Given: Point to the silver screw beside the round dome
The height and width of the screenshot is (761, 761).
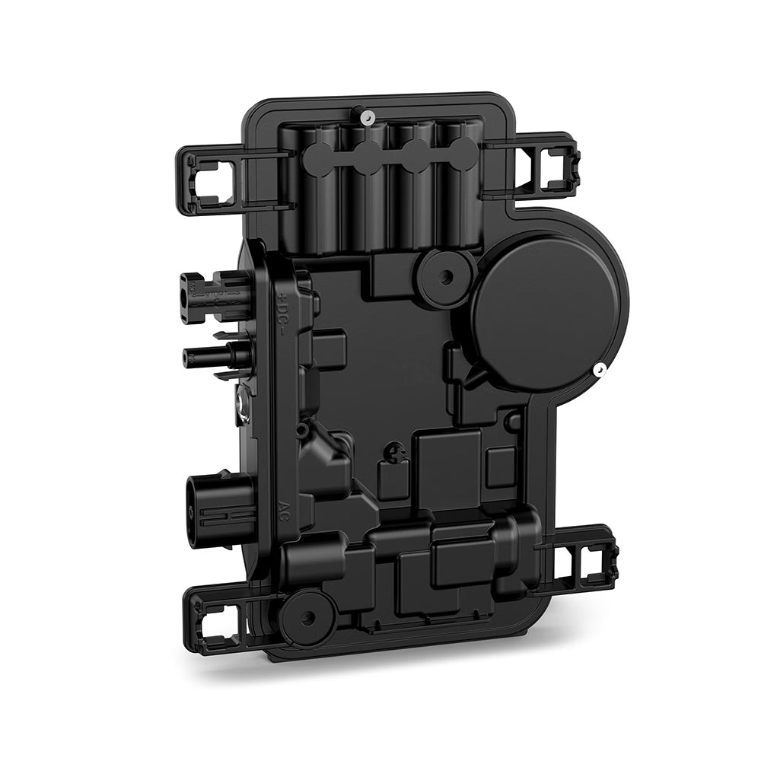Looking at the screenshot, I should tap(600, 370).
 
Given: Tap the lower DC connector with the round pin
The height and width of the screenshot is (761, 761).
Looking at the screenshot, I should tap(217, 355).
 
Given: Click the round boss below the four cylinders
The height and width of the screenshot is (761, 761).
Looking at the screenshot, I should tap(446, 273).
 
